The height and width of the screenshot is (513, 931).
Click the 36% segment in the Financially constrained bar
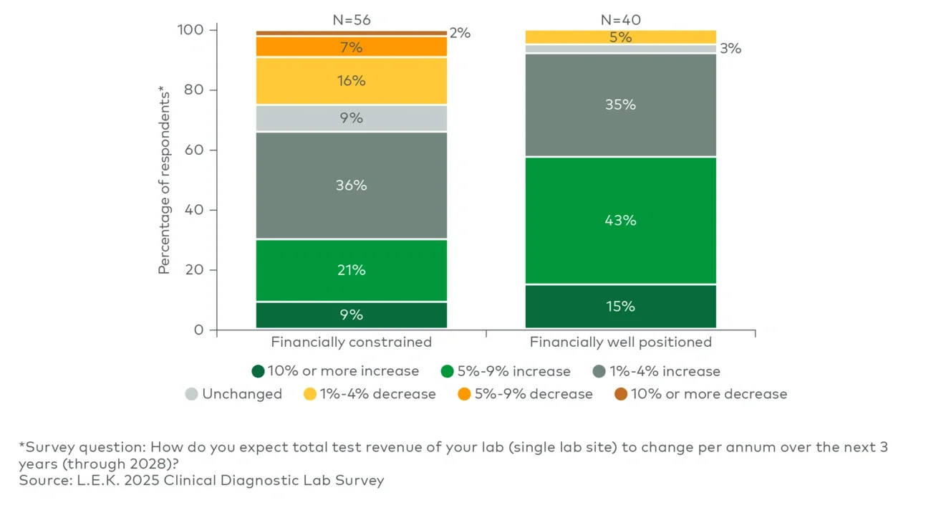pyautogui.click(x=351, y=185)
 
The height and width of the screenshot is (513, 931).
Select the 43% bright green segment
pyautogui.click(x=620, y=220)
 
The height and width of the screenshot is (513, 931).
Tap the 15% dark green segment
pyautogui.click(x=620, y=306)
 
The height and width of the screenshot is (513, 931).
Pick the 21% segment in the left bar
pyautogui.click(x=351, y=270)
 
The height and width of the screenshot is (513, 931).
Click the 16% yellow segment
pyautogui.click(x=351, y=81)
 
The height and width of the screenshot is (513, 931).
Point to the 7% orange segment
pyautogui.click(x=351, y=47)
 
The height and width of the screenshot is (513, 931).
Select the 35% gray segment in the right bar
pyautogui.click(x=620, y=105)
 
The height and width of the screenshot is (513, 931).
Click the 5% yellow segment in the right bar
pyautogui.click(x=620, y=37)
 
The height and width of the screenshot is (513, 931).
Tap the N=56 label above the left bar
pyautogui.click(x=351, y=20)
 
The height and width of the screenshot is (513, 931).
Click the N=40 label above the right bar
pyautogui.click(x=620, y=20)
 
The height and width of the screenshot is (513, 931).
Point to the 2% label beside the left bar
pyautogui.click(x=460, y=33)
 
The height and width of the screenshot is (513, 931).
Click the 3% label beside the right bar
pyautogui.click(x=730, y=49)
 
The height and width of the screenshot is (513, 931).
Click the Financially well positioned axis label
pyautogui.click(x=620, y=342)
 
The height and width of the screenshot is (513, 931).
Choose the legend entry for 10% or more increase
pyautogui.click(x=335, y=371)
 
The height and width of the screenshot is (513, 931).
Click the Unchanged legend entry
pyautogui.click(x=233, y=394)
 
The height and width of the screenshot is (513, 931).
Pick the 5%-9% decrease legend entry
pyautogui.click(x=525, y=394)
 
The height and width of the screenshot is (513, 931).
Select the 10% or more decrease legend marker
pyautogui.click(x=621, y=394)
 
